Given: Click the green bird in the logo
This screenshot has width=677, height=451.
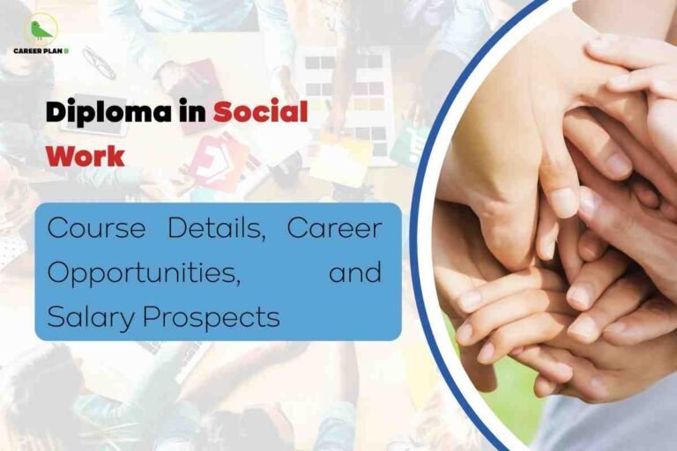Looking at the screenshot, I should click(x=41, y=30).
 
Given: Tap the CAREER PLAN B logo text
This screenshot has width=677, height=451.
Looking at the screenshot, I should click(x=41, y=50).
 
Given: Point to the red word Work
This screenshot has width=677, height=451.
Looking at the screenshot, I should click(x=86, y=155).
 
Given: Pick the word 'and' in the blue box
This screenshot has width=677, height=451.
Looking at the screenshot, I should click(x=355, y=272).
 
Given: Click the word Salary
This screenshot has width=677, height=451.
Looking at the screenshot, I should click(x=89, y=315).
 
